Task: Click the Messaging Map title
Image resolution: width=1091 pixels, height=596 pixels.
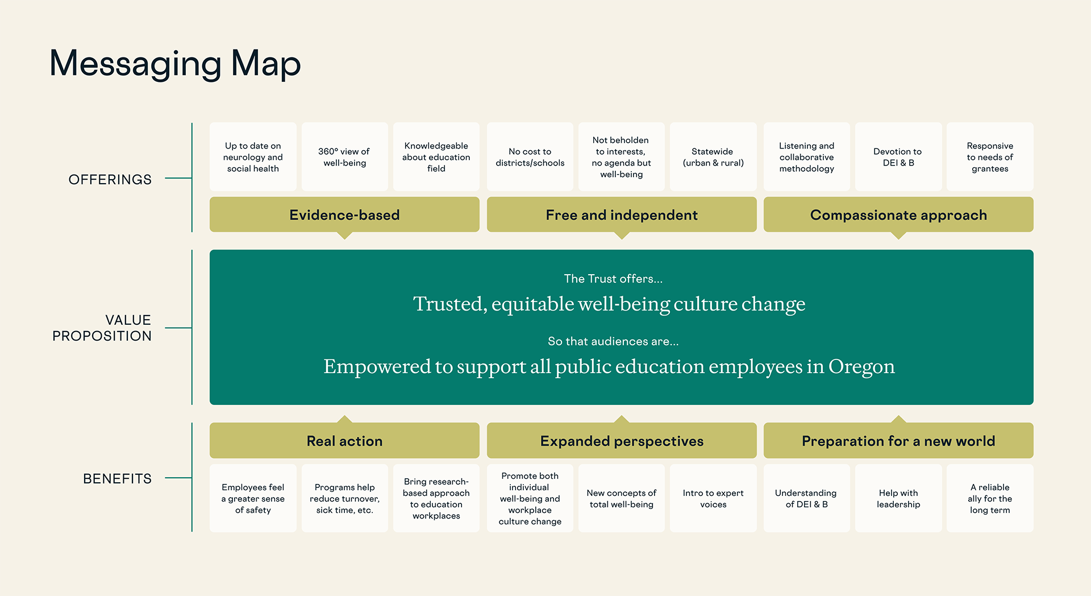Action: pos(175,64)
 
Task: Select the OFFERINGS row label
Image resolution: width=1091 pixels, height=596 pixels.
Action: pos(110,180)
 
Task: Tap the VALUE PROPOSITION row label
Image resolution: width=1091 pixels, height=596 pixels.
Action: pos(102,328)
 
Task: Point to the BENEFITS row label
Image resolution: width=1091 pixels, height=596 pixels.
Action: pos(118,479)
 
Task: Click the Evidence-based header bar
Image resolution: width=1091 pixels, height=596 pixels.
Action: pos(344,214)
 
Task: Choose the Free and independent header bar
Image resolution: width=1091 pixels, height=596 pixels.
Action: pos(622,214)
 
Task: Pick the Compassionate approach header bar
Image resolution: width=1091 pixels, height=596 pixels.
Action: pos(898,214)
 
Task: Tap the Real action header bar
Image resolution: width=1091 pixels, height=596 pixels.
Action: pos(344,441)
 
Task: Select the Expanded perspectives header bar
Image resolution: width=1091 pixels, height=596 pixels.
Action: pos(622,441)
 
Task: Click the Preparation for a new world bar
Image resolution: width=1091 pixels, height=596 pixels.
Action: pos(898,441)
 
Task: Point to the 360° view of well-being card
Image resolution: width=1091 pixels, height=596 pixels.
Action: pos(345,157)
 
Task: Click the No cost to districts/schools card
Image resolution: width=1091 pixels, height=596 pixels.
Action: pos(530,157)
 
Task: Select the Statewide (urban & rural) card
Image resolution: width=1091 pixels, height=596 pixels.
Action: pos(713,157)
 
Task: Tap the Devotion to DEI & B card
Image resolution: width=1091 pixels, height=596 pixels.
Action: pos(898,157)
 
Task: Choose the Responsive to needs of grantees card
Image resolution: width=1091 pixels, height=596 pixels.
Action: pos(990,157)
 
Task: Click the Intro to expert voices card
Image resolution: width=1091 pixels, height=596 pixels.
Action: pos(713,498)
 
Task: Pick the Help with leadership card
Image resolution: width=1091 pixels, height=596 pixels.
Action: pos(898,498)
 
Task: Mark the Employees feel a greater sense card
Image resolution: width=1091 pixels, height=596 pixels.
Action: pos(253,498)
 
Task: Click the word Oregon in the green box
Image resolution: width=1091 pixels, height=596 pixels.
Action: pos(861,367)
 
